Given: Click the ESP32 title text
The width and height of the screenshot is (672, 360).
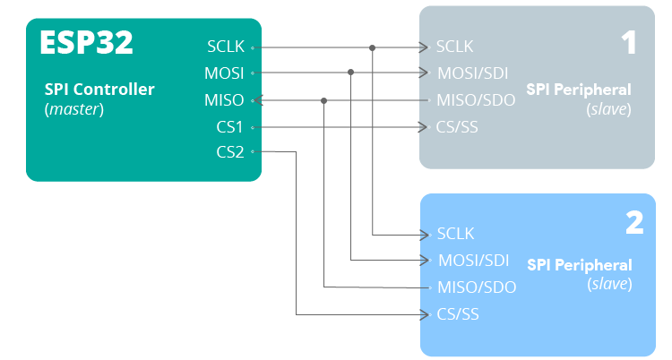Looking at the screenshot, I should (86, 43).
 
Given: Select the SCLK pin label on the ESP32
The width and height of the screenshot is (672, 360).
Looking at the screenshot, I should (225, 46).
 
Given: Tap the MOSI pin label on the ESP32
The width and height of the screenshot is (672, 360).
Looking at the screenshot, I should (225, 73).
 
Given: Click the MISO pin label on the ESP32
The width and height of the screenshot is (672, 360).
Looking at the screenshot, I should (224, 99).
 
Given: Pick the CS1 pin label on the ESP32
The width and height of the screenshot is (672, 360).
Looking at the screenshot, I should (229, 126).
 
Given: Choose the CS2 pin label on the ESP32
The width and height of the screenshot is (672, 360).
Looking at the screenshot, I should (229, 152).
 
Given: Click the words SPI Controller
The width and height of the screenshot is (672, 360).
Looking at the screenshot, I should (99, 90).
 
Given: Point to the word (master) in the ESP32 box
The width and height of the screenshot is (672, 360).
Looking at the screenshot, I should (74, 109).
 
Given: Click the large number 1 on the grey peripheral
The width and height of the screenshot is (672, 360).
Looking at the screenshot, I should (629, 44).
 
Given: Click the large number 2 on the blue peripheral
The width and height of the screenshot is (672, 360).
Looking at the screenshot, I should (633, 223).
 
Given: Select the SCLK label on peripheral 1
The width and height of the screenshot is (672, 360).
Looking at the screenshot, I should (454, 47).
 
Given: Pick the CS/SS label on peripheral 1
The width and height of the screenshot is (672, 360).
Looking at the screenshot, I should (457, 126).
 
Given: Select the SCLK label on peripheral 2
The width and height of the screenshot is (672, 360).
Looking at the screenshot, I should (455, 234).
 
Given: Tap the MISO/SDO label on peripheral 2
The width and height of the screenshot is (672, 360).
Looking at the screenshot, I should (477, 287).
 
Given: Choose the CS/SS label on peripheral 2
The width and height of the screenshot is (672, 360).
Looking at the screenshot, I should (458, 314).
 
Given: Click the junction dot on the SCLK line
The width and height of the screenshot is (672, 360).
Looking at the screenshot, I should (372, 47).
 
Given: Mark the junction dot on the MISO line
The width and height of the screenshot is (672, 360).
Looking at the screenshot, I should (323, 100).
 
